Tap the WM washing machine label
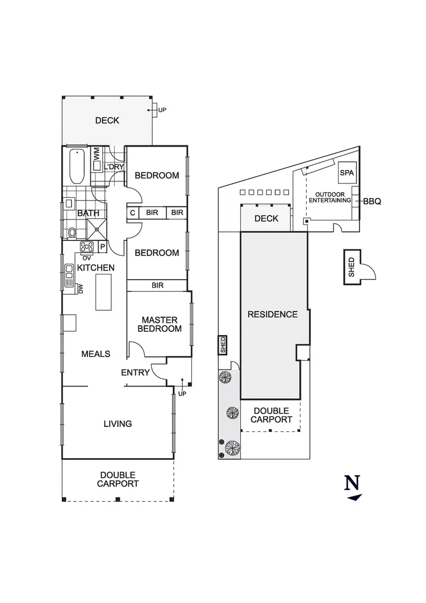(97, 153)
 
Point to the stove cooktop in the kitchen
(88, 247)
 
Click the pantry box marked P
(103, 247)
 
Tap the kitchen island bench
(103, 292)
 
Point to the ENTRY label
(135, 373)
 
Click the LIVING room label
(118, 423)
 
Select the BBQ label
(372, 201)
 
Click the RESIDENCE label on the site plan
(272, 314)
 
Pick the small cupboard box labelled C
(132, 213)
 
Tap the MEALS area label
(95, 354)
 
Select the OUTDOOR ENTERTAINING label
(329, 197)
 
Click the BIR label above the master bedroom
(157, 286)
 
